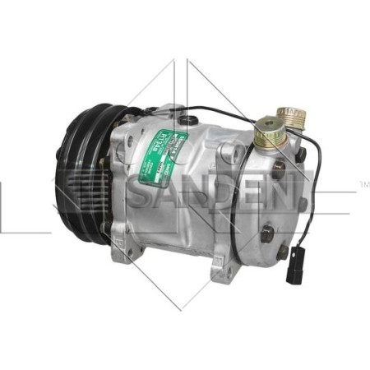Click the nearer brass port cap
coord(266,132)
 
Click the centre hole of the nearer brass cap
coord(266,129)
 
